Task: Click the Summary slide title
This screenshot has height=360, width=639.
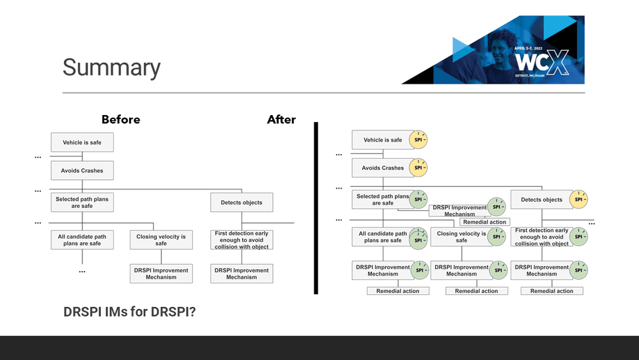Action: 112,68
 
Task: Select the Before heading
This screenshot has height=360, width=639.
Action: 121,120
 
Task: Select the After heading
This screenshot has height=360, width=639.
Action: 281,120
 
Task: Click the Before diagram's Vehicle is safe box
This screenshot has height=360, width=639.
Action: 82,142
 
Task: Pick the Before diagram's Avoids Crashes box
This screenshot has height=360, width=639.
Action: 82,171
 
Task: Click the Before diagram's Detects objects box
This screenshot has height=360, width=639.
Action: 242,203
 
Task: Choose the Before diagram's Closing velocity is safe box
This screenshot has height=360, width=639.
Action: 161,240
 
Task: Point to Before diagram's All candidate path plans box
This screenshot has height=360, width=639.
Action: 82,240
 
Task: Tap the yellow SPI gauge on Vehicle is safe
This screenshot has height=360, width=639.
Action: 418,140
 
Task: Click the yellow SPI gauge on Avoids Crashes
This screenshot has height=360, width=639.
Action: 418,168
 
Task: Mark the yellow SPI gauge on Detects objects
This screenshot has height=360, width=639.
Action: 579,200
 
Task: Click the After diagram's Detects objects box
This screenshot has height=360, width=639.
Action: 541,200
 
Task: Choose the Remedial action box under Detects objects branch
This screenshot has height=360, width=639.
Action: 551,291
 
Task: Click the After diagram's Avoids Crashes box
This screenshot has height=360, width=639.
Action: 383,168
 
